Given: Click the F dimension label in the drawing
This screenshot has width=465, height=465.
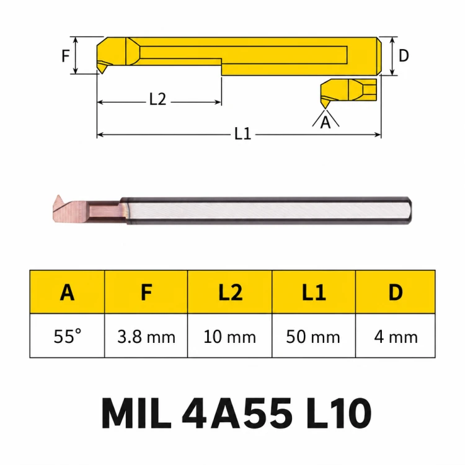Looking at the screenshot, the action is click(x=66, y=56).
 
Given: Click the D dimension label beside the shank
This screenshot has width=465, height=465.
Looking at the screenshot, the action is click(x=404, y=55).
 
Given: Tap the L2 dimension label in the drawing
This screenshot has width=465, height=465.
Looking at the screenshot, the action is click(x=157, y=99).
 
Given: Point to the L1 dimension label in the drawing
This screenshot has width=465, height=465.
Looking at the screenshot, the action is click(x=243, y=133).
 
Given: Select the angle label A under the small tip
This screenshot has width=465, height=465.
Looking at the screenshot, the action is click(x=325, y=122).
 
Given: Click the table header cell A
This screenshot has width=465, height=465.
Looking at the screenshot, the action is click(x=68, y=292).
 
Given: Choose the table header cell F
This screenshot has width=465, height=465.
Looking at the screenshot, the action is click(x=146, y=292).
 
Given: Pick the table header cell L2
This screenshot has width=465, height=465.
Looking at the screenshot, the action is click(x=230, y=292).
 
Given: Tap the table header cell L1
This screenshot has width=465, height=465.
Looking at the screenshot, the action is click(x=314, y=292).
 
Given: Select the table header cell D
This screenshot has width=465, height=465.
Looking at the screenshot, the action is click(x=396, y=292).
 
